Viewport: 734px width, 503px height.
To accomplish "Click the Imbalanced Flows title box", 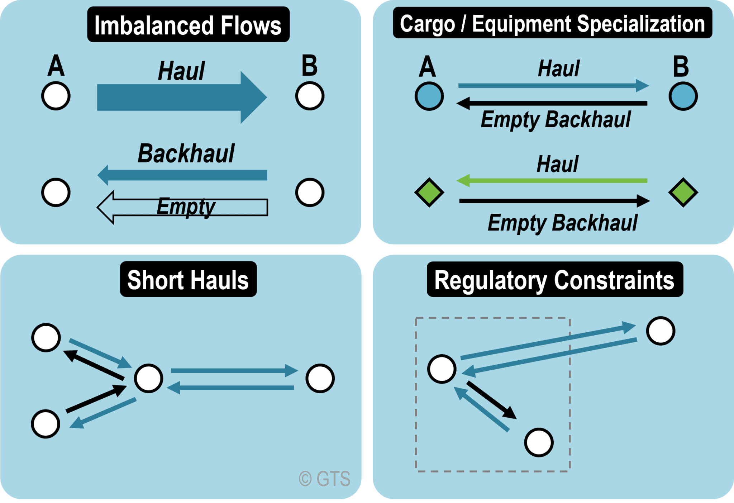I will click(x=188, y=24).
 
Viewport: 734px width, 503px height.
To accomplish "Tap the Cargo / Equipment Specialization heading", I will click(x=552, y=23).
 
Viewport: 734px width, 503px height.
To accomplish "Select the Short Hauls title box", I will click(x=188, y=279).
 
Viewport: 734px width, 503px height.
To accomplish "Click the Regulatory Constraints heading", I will click(x=554, y=280).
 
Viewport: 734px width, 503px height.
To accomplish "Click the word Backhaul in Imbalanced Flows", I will click(x=186, y=153).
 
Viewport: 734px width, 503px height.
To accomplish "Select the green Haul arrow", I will click(x=552, y=181).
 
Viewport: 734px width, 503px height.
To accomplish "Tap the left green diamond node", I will click(x=429, y=193).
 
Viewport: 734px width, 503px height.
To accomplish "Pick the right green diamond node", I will click(x=683, y=193).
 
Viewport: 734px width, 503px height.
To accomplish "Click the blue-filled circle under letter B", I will click(x=683, y=96).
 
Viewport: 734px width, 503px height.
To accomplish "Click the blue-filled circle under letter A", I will click(x=429, y=96).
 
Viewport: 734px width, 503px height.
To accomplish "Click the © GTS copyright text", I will click(x=325, y=479).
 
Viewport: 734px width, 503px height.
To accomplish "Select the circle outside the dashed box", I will click(x=661, y=331).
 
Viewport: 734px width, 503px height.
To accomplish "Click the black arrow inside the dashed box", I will click(x=491, y=400).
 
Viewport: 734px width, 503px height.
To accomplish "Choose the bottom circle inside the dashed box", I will click(x=539, y=442).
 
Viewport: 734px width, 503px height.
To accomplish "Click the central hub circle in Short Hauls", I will click(x=148, y=378).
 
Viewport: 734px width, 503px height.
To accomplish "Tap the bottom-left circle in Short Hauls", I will click(x=46, y=424).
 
